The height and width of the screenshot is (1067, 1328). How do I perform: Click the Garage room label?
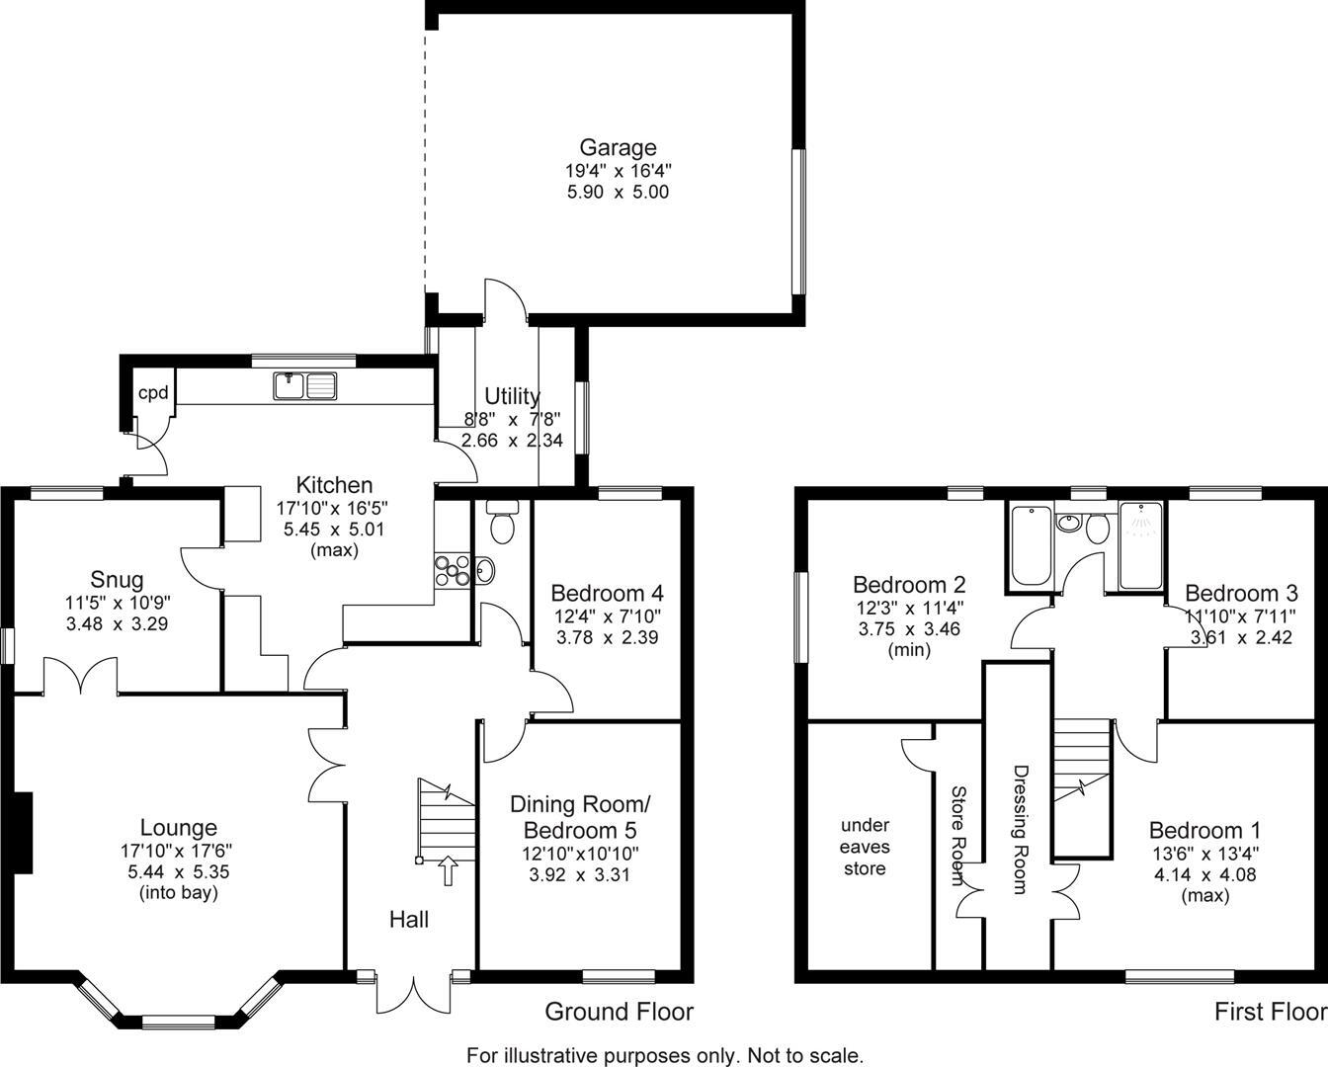618,148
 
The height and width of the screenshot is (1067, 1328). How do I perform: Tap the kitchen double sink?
305,385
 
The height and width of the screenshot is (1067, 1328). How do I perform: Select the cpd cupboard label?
153,393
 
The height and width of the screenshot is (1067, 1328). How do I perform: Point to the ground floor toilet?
502,523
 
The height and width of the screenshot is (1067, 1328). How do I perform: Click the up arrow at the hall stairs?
447,869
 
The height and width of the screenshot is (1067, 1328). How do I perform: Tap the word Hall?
409,920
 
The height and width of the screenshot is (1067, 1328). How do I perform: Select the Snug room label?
117,580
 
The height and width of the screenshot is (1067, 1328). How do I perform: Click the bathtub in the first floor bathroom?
1030,546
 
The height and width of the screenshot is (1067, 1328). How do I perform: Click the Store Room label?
957,835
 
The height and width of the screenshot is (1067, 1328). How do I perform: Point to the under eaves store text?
865,847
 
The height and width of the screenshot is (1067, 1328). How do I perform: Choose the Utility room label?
512,396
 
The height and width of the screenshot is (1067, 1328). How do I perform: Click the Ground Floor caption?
620,1012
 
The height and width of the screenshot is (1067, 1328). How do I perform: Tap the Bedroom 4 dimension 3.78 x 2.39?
607,637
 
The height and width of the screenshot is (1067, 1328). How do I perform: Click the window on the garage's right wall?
798,221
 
